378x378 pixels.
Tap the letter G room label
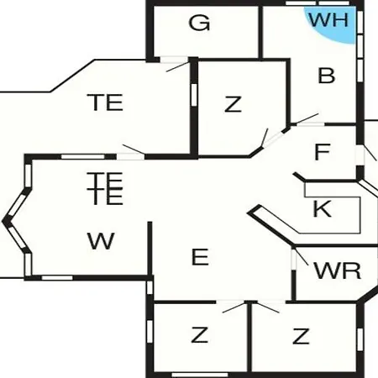point(199,23)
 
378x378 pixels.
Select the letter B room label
point(327,76)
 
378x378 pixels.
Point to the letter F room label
point(323,152)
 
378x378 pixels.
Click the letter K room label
point(323,208)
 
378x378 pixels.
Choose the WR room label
point(338,270)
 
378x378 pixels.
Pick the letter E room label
point(200,257)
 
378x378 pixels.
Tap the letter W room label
point(101,241)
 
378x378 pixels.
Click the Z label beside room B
point(233,104)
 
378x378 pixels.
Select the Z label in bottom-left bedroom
point(199,335)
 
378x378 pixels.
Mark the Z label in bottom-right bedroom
point(301,336)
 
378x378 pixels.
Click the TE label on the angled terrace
point(105,102)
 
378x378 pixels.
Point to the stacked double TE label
point(105,189)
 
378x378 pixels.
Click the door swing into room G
point(178,67)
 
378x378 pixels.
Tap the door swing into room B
point(307,118)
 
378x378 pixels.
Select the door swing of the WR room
point(302,256)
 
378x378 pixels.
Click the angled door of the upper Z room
point(265,138)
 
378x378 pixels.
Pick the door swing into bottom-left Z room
point(234,307)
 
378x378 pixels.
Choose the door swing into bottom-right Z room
point(268,307)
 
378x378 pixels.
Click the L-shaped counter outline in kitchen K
point(360,216)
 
